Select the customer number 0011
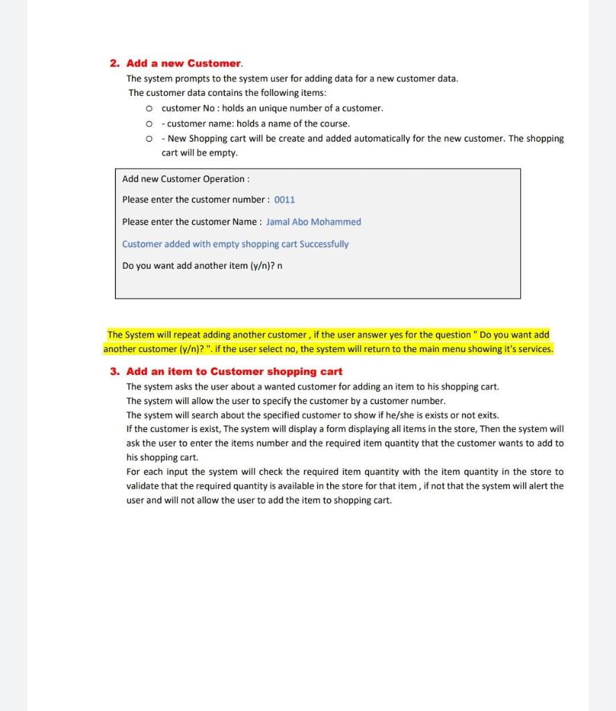point(284,200)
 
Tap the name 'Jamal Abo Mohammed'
point(314,222)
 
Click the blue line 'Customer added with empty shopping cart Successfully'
point(235,244)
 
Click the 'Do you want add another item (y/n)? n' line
point(202,266)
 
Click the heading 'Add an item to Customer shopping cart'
point(234,371)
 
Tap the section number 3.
point(114,371)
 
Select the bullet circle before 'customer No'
point(149,109)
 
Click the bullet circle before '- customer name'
point(149,124)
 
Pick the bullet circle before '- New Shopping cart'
point(149,139)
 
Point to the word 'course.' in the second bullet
point(335,124)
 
